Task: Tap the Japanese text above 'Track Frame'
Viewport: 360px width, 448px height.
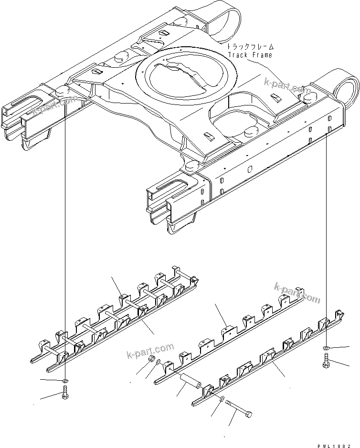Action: (x=250, y=47)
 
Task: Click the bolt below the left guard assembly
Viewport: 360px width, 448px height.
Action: (x=65, y=396)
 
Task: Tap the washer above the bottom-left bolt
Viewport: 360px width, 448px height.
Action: (x=65, y=381)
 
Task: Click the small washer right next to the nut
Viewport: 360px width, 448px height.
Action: (x=158, y=363)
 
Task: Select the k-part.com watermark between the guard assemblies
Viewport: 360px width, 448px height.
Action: (x=150, y=351)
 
